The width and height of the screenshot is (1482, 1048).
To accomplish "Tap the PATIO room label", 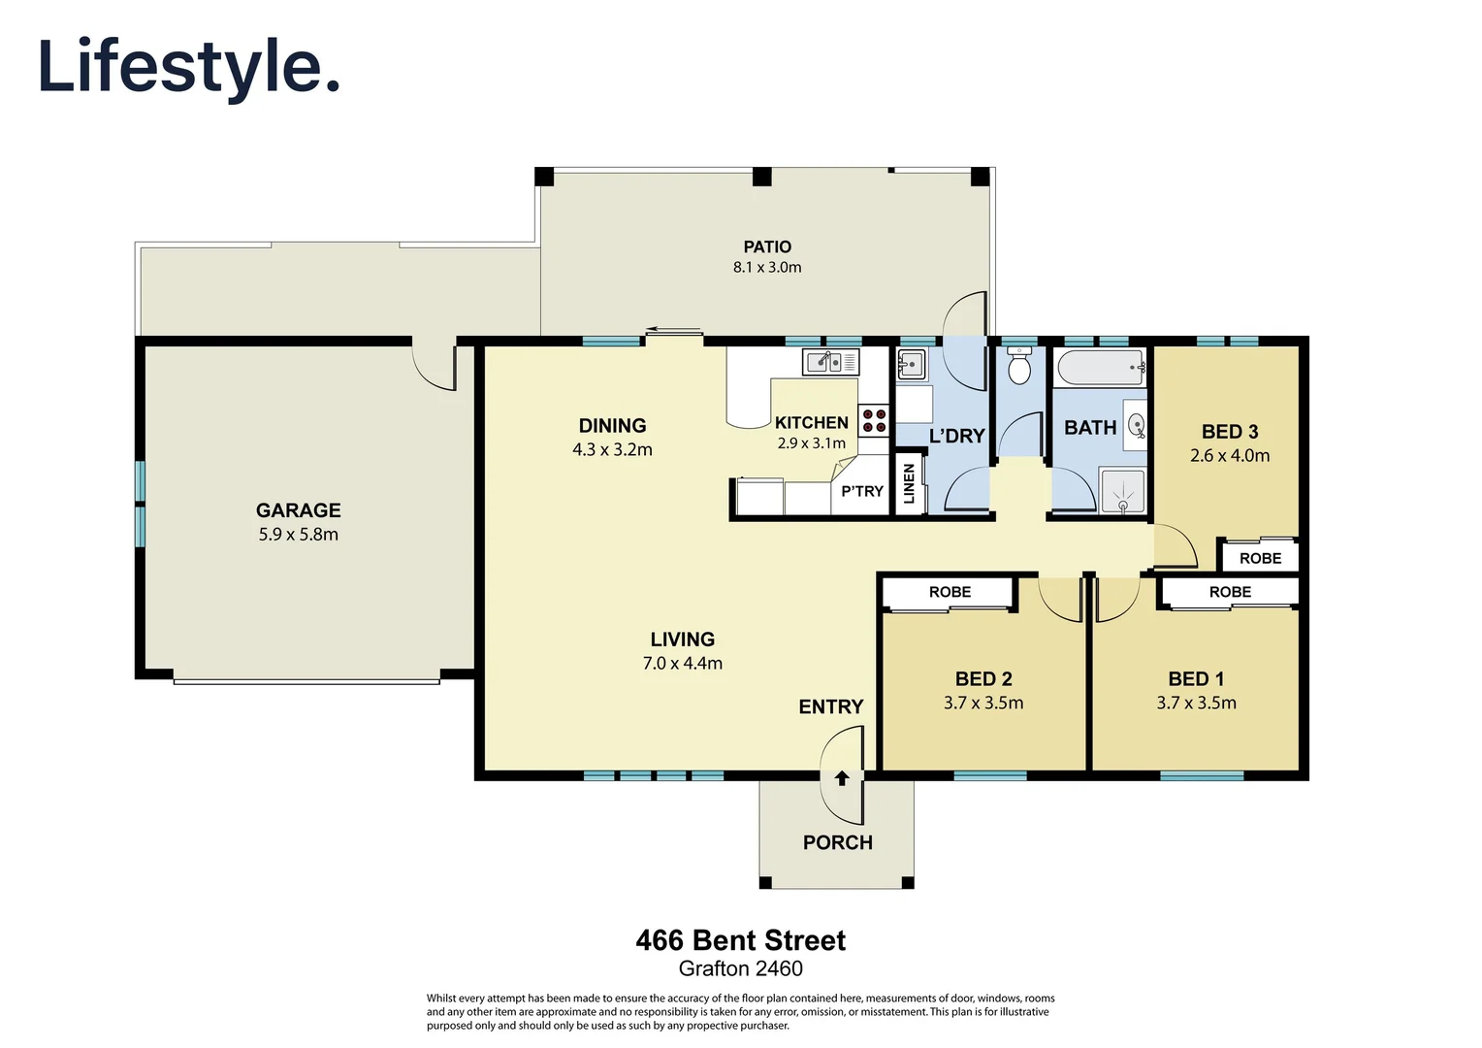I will pyautogui.click(x=767, y=247).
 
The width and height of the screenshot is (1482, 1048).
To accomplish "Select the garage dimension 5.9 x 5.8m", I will pyautogui.click(x=298, y=535).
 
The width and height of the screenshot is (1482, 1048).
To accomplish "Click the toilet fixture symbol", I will pyautogui.click(x=1018, y=368).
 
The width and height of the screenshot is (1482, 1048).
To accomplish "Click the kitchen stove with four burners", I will pyautogui.click(x=874, y=420).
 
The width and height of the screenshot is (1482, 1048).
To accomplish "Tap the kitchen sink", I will pyautogui.click(x=830, y=362).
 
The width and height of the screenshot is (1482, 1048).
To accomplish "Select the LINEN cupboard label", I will pyautogui.click(x=909, y=483).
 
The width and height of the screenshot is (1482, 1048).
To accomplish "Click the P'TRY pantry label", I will pyautogui.click(x=862, y=491).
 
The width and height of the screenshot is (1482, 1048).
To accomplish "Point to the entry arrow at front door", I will pyautogui.click(x=842, y=778).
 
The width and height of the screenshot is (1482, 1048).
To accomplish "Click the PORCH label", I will pyautogui.click(x=837, y=843).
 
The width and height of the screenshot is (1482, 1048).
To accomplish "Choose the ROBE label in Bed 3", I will pyautogui.click(x=1260, y=559).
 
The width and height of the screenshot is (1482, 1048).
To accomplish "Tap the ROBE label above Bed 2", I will pyautogui.click(x=950, y=592).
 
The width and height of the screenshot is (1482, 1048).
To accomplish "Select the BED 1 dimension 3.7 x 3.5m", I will pyautogui.click(x=1196, y=704).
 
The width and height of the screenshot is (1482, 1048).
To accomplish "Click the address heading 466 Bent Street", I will pyautogui.click(x=740, y=940).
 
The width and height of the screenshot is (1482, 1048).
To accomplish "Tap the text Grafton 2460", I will pyautogui.click(x=740, y=968).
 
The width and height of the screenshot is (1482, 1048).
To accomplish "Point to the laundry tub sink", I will pyautogui.click(x=912, y=366).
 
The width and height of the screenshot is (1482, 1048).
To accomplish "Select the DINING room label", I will pyautogui.click(x=612, y=426).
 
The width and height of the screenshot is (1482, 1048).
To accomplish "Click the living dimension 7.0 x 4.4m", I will pyautogui.click(x=682, y=664).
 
